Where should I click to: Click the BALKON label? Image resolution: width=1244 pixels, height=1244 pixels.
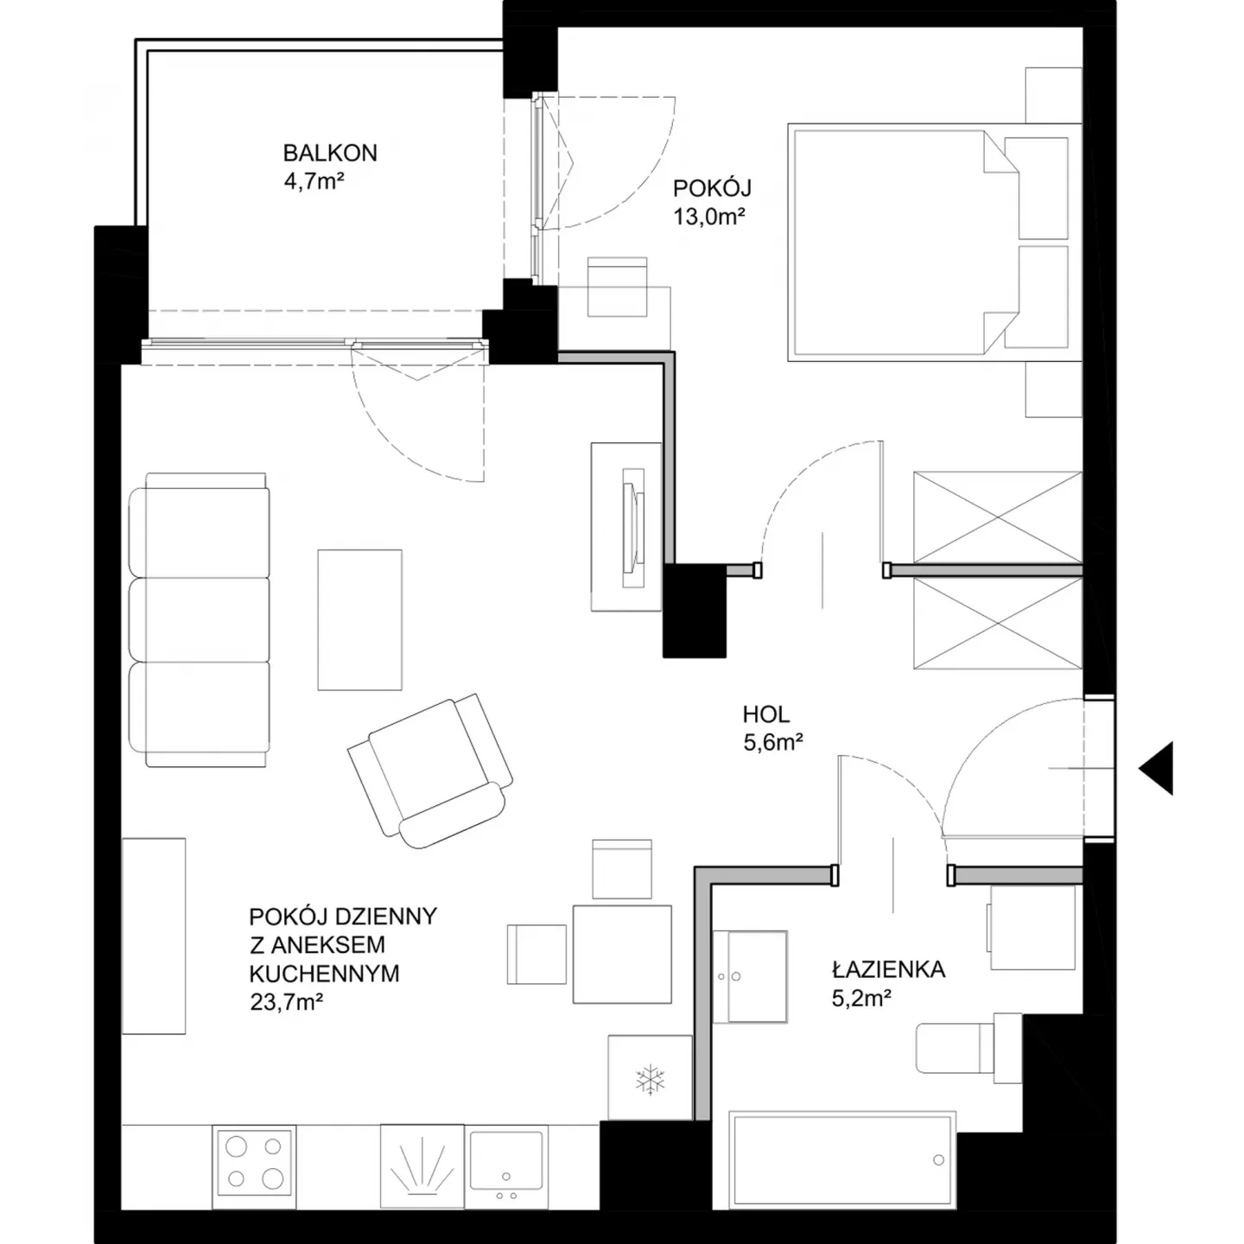point(330,153)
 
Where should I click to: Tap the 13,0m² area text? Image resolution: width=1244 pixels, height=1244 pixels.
point(709,216)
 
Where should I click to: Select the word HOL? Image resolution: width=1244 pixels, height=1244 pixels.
point(765,714)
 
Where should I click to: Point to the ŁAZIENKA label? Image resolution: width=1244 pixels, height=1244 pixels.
point(888,969)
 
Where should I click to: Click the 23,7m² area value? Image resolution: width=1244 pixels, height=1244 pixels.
point(286,1002)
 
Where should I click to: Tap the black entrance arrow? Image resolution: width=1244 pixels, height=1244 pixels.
point(1155,768)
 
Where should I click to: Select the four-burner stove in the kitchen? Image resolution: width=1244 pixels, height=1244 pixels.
point(254,1163)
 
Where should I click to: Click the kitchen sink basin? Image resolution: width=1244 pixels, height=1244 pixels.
point(506,1160)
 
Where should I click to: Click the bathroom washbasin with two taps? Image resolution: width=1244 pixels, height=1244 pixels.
point(749,976)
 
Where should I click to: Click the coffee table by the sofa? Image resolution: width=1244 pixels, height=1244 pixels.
point(359,619)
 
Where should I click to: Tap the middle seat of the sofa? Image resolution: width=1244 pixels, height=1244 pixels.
point(200,619)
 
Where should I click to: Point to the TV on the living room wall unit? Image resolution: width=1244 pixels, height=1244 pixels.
point(633,528)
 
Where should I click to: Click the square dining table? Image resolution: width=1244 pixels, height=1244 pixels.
point(622,954)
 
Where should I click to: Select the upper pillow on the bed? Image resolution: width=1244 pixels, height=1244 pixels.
point(1036,187)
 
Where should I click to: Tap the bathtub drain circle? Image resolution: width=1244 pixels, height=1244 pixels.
point(938,1160)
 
